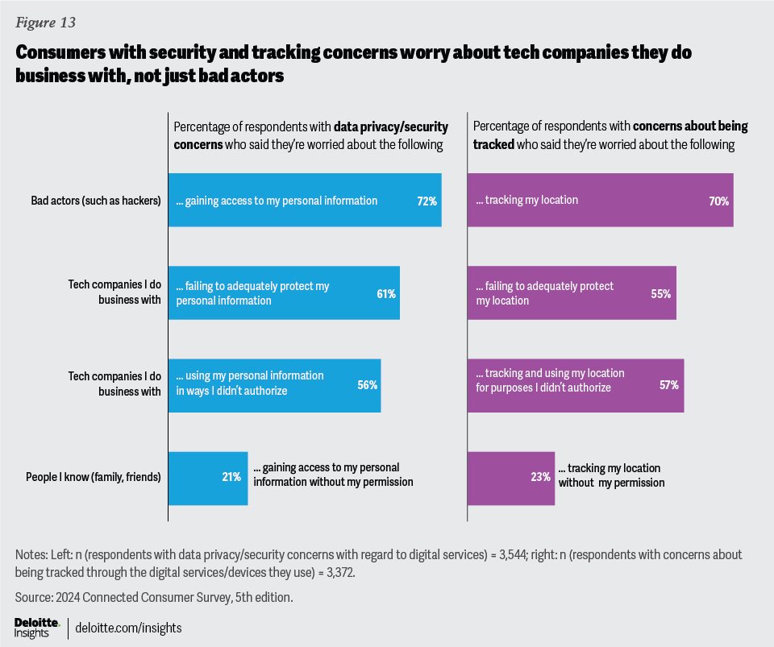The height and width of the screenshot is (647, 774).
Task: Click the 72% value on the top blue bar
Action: click(x=427, y=201)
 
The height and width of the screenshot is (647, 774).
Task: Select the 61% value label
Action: click(x=385, y=294)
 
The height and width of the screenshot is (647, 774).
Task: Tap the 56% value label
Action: click(x=368, y=385)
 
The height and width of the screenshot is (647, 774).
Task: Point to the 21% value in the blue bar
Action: click(x=231, y=477)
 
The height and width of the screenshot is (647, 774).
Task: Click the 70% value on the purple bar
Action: click(x=719, y=201)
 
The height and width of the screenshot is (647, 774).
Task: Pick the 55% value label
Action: click(x=661, y=294)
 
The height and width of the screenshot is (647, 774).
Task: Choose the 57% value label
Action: click(x=669, y=385)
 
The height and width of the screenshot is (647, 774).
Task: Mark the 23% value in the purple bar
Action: click(x=540, y=477)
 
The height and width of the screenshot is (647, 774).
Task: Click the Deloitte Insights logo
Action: click(x=37, y=627)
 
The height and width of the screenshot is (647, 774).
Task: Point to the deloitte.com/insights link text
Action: click(x=129, y=627)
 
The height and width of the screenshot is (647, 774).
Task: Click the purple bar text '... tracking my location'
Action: click(x=527, y=201)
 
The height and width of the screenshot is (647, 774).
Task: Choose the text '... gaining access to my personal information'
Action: click(x=277, y=201)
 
